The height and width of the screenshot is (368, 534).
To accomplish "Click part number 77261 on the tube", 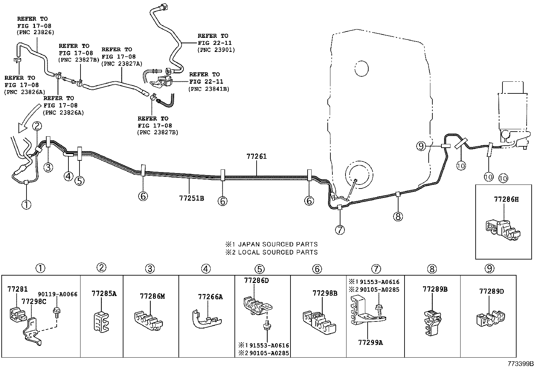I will point(256,156).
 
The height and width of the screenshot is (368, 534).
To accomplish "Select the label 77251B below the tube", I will point(191,198).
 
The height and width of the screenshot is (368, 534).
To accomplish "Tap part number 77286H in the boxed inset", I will point(506,199).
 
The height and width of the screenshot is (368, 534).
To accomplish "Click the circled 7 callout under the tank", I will point(339,230).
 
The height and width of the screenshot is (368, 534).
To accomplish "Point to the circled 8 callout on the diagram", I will point(397,217).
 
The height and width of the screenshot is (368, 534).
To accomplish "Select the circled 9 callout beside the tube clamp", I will point(421,146).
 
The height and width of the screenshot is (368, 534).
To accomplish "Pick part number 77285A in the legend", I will point(104,294).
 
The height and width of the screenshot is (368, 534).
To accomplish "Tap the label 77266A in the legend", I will point(210,297).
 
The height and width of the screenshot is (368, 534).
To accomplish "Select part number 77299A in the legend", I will point(370,342).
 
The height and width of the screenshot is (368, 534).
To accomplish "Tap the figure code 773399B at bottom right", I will point(520,364).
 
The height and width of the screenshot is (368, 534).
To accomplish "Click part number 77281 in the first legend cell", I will point(17,289).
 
